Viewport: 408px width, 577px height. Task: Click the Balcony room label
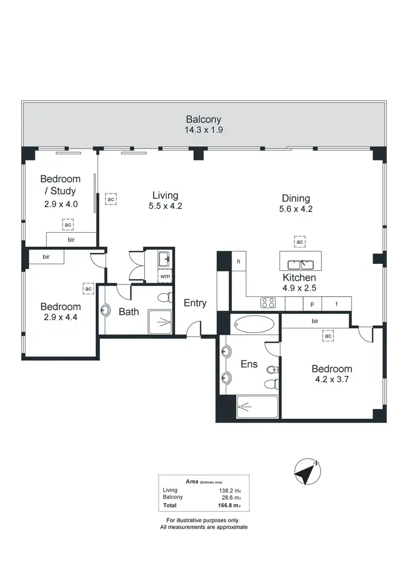click(x=204, y=119)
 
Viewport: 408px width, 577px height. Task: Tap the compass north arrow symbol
click(x=306, y=471)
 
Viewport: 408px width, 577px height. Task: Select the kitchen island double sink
click(x=300, y=265)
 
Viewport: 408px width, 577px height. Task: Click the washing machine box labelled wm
click(x=165, y=276)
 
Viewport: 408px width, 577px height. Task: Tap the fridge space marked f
click(x=336, y=303)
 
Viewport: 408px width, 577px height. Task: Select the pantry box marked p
click(x=312, y=303)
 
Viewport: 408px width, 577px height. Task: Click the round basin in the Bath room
click(x=106, y=311)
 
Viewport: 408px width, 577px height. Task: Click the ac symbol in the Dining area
click(x=300, y=241)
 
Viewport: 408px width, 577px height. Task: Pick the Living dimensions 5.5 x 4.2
click(x=165, y=206)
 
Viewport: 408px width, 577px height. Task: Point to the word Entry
click(x=195, y=303)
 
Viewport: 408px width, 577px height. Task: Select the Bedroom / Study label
click(x=60, y=185)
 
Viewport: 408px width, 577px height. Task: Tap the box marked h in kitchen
click(x=238, y=261)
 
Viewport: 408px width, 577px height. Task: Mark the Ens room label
click(x=249, y=364)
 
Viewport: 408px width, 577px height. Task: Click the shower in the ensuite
click(x=257, y=407)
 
